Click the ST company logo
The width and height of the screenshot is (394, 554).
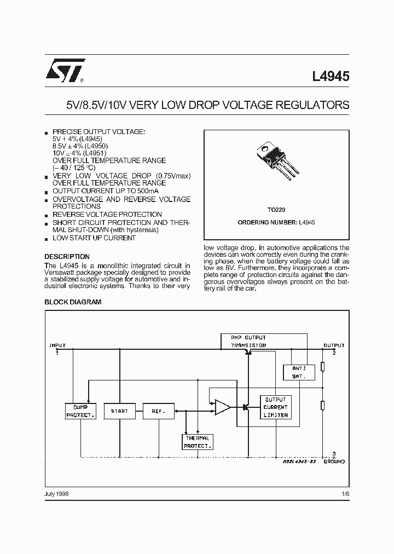(x=65, y=72)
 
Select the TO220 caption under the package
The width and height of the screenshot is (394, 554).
(x=276, y=210)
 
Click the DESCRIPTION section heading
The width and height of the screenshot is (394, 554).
(x=67, y=256)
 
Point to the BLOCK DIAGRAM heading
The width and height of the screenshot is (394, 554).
(x=72, y=302)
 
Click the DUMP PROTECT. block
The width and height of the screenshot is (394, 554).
(x=80, y=411)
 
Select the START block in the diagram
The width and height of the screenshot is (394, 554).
(x=119, y=411)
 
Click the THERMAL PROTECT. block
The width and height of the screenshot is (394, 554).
(x=196, y=442)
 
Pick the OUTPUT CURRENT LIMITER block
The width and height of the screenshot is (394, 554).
(x=275, y=407)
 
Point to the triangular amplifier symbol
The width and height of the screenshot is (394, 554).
(x=222, y=407)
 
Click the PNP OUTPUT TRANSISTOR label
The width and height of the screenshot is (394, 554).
(x=248, y=342)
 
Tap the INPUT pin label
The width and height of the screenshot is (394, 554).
(x=57, y=345)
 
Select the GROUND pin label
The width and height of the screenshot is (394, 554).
(x=334, y=462)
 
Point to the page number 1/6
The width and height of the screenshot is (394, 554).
(x=344, y=493)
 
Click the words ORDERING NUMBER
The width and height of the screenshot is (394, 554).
(x=268, y=223)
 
